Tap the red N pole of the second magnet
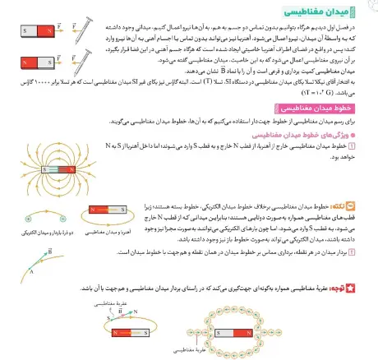tap(27, 62)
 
